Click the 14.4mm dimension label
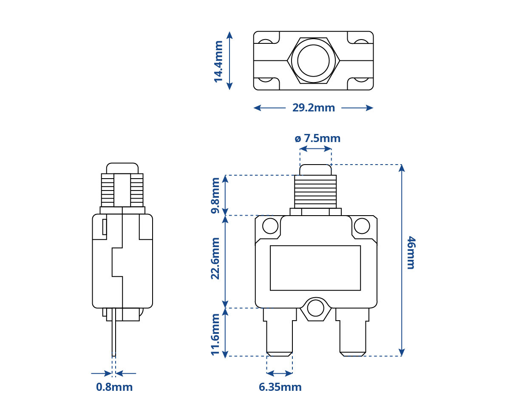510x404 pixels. pos(218,62)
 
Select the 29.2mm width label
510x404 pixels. pos(314,108)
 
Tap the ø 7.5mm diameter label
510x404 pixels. pos(317,138)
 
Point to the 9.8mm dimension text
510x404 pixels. pos(215,196)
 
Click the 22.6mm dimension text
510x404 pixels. pos(215,259)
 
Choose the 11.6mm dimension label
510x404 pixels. pos(215,335)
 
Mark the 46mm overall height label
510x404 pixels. pos(411,253)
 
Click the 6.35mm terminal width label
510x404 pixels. pos(280,387)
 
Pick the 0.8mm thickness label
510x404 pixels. pos(114,387)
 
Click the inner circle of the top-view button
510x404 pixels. pos(313,60)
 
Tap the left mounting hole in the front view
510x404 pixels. pos(270,226)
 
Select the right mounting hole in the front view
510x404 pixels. pos(362,226)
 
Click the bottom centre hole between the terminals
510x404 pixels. pos(315,309)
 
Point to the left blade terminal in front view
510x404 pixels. pos(280,332)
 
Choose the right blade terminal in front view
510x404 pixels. pos(352,332)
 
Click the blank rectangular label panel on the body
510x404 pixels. pos(315,268)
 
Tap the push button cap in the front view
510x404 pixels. pos(315,170)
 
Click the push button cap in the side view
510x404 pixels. pos(122,168)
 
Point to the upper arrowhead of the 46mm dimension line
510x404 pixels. pos(402,168)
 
